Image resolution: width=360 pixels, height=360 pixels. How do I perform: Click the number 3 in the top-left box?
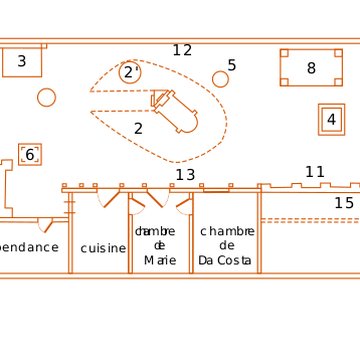coord(21,62)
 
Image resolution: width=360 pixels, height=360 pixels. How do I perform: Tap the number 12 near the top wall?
coord(181,50)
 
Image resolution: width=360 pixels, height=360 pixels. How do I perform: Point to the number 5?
coord(232,66)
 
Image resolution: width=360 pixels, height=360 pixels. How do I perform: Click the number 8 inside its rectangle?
coord(311,68)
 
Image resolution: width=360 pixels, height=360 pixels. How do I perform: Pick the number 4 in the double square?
coord(331,120)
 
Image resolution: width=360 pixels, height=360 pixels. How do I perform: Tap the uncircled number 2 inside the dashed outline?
coord(138,128)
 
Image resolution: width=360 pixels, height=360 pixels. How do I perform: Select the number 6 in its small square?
coord(30,155)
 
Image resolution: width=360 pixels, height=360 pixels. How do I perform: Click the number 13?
coord(185,175)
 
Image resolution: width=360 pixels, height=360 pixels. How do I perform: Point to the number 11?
coord(314,172)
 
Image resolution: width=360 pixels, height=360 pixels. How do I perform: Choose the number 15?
coord(343,203)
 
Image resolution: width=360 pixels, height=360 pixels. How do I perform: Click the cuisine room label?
coord(103,248)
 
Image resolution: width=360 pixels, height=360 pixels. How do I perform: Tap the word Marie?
coord(160,260)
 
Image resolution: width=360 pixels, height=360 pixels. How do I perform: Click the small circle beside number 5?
coord(220,79)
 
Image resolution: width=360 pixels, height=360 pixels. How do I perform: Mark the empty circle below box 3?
coord(46,97)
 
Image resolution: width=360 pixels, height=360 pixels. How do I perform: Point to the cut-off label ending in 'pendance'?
coord(28,247)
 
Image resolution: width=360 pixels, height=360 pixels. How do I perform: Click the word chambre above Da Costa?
coord(227,231)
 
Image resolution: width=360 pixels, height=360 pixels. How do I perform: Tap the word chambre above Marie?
coord(155,231)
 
